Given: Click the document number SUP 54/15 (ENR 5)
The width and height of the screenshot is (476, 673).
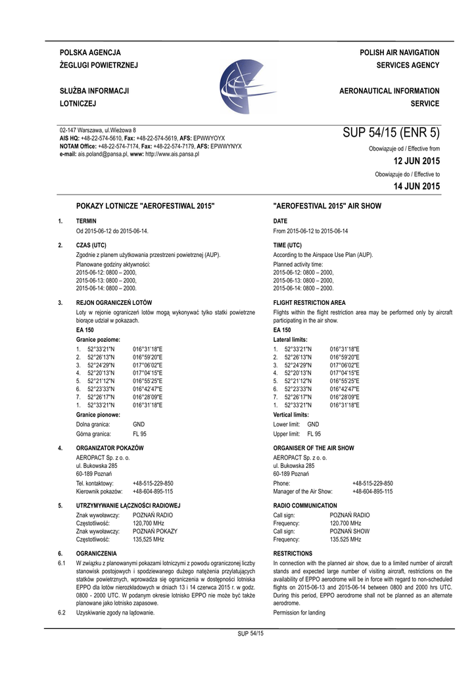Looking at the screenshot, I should pyautogui.click(x=391, y=133).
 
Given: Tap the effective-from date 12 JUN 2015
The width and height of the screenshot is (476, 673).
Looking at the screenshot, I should pyautogui.click(x=416, y=161).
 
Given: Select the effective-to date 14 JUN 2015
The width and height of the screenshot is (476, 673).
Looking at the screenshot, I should pyautogui.click(x=416, y=187).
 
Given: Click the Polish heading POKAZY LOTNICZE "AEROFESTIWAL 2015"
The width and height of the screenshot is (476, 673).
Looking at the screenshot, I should pyautogui.click(x=146, y=206).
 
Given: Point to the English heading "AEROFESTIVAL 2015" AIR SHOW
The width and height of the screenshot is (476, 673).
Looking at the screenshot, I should pyautogui.click(x=327, y=206).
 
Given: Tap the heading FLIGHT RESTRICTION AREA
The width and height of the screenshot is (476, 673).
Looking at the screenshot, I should pyautogui.click(x=309, y=303).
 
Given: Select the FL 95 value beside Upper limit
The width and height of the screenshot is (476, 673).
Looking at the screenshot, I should pyautogui.click(x=314, y=434).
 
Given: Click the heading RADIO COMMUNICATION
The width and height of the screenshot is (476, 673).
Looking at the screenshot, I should pyautogui.click(x=305, y=505).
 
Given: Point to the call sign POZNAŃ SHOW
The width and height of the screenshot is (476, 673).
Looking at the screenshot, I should pyautogui.click(x=350, y=531).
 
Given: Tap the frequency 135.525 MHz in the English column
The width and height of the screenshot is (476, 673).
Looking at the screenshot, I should pyautogui.click(x=345, y=540).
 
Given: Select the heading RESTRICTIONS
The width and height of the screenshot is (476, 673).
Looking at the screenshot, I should pyautogui.click(x=293, y=554).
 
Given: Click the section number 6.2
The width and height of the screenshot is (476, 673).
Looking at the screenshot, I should pyautogui.click(x=62, y=613).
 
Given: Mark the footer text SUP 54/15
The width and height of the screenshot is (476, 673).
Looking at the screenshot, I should pyautogui.click(x=250, y=633).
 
